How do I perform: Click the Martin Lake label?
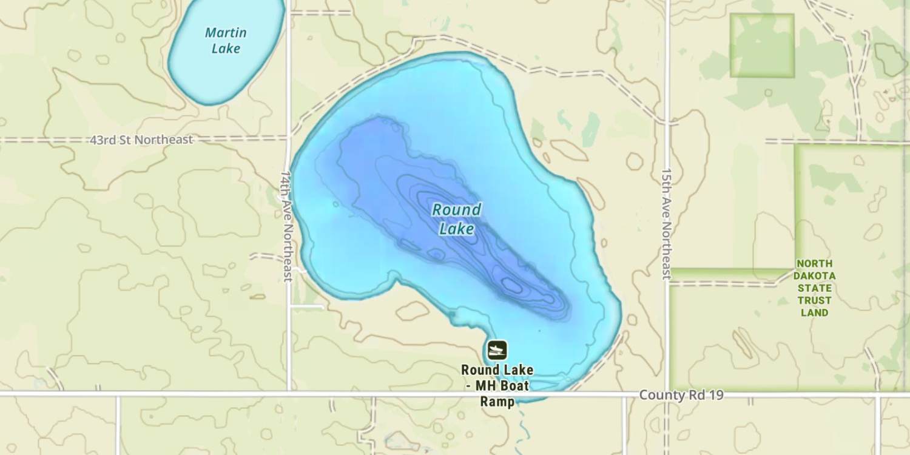(226, 40)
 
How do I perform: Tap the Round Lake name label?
(457, 219)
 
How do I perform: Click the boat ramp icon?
(497, 349)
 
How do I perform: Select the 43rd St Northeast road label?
(141, 140)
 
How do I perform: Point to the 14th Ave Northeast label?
(287, 225)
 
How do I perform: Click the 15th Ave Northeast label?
(667, 224)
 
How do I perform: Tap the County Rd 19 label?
(681, 396)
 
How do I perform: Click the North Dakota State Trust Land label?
(815, 288)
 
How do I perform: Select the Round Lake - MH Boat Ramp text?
(497, 385)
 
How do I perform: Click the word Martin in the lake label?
(226, 32)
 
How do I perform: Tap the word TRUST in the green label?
(815, 300)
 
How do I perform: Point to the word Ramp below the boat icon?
(497, 402)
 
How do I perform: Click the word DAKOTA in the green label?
(815, 275)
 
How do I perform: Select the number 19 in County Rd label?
(716, 396)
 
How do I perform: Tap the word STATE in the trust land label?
(815, 288)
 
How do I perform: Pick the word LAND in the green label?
(815, 313)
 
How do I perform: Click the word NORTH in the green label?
(815, 263)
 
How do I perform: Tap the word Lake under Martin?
(226, 49)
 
